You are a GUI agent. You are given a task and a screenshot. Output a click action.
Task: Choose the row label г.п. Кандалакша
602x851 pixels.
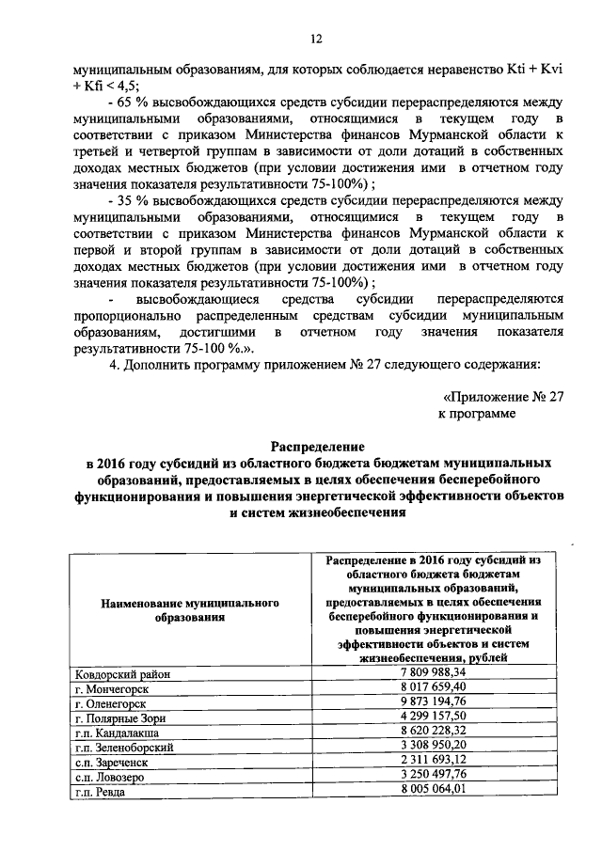118,733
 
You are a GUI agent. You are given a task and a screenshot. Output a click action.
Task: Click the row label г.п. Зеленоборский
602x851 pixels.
123,748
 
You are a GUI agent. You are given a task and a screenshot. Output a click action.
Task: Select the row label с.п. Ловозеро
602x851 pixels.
110,777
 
